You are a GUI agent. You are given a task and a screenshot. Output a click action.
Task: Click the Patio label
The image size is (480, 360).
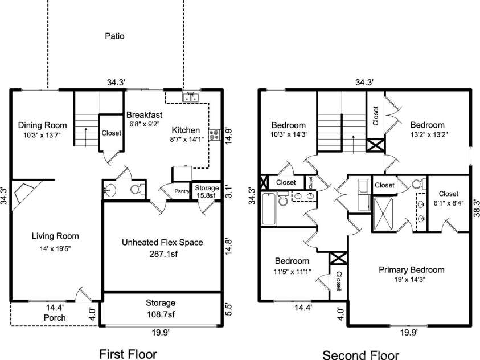click(114, 36)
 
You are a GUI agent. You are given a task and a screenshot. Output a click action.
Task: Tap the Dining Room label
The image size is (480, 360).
click(42, 125)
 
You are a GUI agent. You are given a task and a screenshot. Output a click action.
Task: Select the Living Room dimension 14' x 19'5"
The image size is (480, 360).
click(55, 248)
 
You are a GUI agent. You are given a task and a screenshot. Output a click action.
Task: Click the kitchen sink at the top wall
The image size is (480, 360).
click(190, 97)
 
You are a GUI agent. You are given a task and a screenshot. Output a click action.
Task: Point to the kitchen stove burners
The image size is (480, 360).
click(215, 135)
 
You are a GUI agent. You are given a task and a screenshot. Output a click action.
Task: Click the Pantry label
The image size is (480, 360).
click(182, 191)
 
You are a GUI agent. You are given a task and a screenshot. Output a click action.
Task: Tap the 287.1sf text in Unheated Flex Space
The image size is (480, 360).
click(162, 253)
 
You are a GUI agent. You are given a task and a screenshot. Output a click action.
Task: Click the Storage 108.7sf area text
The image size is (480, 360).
click(160, 314)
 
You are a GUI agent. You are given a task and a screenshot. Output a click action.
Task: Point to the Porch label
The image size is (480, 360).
click(55, 317)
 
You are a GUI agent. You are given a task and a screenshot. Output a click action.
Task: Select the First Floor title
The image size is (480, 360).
click(128, 353)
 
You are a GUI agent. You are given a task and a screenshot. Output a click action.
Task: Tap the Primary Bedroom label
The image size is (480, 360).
click(411, 269)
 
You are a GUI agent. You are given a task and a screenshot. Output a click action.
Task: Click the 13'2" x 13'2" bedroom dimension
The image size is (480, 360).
click(428, 135)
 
